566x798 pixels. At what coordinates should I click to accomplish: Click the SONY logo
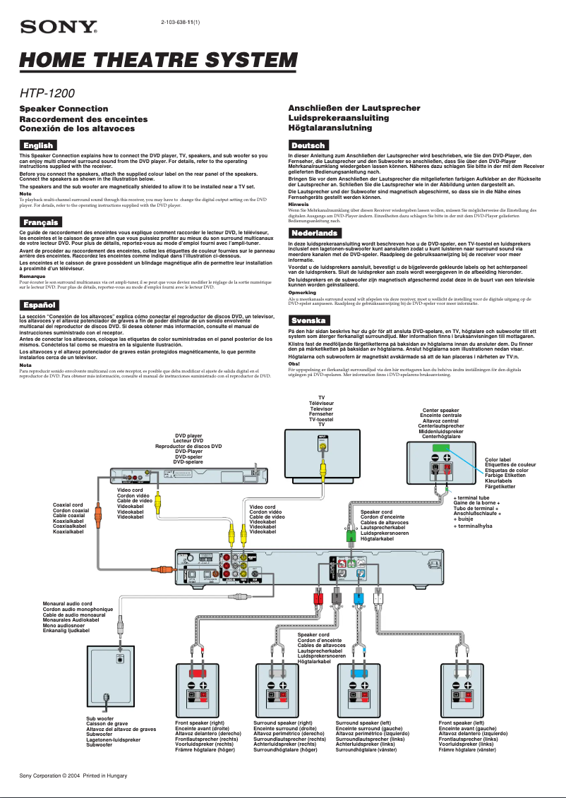(x=59, y=28)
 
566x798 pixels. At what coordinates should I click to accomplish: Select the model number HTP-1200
(x=47, y=92)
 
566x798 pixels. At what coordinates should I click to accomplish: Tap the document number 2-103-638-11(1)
(x=181, y=23)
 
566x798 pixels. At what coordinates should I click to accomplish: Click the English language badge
(x=38, y=145)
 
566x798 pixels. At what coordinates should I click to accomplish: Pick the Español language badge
(x=39, y=305)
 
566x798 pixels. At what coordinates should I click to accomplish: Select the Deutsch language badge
(x=308, y=145)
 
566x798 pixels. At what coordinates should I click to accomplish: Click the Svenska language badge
(x=308, y=320)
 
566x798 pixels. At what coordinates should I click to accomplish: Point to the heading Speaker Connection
(x=64, y=109)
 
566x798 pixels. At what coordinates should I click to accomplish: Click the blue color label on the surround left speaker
(x=359, y=673)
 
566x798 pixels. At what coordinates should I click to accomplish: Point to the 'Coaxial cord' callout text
(x=68, y=504)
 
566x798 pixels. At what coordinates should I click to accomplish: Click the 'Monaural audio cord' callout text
(x=68, y=604)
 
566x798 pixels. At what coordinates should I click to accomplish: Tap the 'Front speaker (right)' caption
(x=200, y=723)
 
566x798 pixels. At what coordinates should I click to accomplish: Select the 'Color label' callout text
(x=498, y=459)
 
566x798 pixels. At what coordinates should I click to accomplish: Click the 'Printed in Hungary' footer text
(x=105, y=775)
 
